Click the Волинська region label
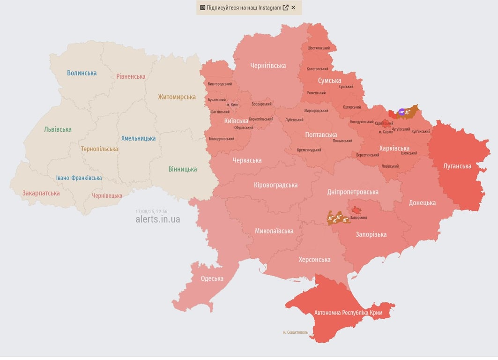(82, 73)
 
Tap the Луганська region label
(457, 166)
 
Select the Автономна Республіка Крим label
(348, 313)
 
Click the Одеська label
(212, 278)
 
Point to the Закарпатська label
(41, 193)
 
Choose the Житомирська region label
(177, 97)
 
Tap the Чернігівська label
(268, 66)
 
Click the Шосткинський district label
(319, 48)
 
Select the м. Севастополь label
(295, 332)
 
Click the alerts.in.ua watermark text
(157, 219)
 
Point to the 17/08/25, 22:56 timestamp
(151, 212)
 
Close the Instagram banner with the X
(293, 7)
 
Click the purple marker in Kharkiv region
(401, 112)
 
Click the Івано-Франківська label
(79, 178)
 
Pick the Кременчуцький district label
(309, 150)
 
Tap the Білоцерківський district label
(221, 139)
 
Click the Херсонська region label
(314, 260)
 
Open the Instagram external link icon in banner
(285, 7)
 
